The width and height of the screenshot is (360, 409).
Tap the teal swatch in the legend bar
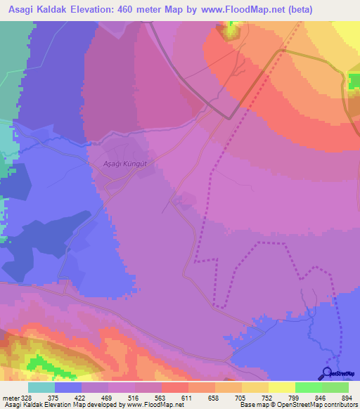41,387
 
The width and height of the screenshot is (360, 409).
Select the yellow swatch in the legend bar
281,387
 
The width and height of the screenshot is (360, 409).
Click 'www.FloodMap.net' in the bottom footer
151,405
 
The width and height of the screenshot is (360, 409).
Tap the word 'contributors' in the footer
338,405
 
